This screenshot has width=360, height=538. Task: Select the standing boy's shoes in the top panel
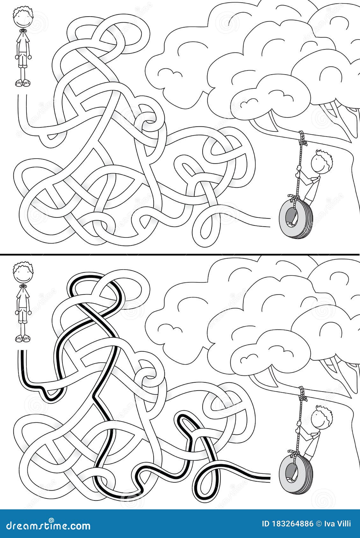point(22,83)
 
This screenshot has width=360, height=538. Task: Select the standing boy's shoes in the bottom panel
point(22,338)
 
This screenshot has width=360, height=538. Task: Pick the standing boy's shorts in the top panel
point(22,60)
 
